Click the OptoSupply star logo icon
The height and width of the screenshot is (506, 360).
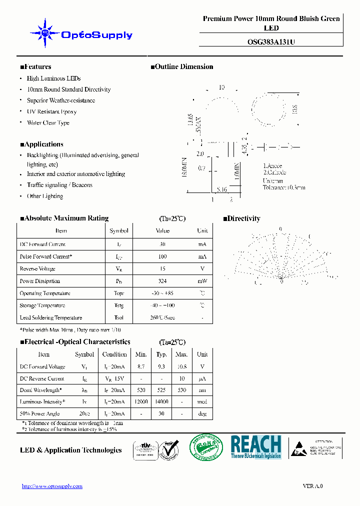(x=45, y=33)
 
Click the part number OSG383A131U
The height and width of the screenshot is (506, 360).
(x=271, y=42)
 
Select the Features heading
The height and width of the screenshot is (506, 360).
(x=35, y=66)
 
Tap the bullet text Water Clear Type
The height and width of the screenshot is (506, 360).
(x=48, y=122)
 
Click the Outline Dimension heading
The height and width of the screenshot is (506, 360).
(x=182, y=66)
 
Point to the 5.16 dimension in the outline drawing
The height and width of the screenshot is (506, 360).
(x=221, y=189)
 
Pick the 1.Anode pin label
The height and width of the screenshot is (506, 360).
(x=272, y=165)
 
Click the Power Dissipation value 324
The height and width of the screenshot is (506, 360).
(x=162, y=281)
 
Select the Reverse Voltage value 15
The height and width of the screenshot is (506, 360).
(x=162, y=269)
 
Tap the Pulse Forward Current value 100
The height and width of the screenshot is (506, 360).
(x=162, y=256)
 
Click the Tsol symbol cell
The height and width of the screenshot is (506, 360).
(x=119, y=317)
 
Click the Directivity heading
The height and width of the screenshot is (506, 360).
(x=241, y=218)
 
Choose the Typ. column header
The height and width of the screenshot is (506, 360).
(x=161, y=354)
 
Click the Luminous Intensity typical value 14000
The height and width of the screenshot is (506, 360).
(x=161, y=401)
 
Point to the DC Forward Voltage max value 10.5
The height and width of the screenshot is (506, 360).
(x=181, y=366)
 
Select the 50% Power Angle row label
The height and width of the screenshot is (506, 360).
(x=39, y=413)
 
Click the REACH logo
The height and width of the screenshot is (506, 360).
(x=256, y=447)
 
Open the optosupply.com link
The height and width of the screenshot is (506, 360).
(x=52, y=486)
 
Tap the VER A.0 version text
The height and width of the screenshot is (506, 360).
(x=313, y=486)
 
